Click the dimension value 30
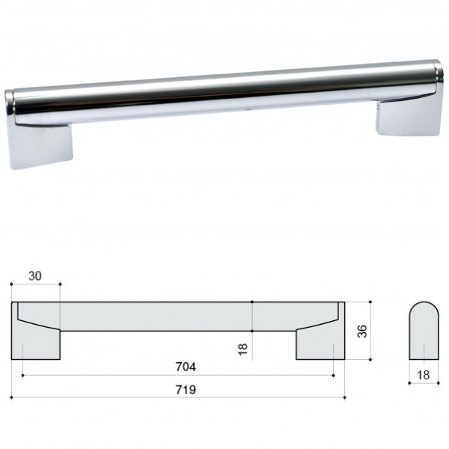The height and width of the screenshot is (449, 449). coord(35,275)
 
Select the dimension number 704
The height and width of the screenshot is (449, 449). coord(186,367)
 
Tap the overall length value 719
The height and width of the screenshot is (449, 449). coord(186,390)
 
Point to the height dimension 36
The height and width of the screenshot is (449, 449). coord(362,331)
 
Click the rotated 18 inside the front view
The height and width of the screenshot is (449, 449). coord(242,349)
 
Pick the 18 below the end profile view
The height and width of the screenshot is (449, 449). coord(424,375)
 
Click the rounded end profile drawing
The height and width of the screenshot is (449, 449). coord(424,331)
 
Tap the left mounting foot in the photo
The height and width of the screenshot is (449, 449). coord(40,146)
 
